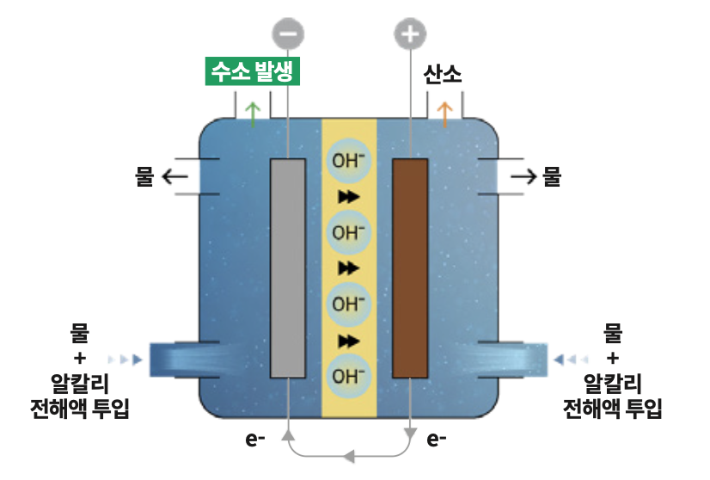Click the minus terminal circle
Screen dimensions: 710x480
pos(288,34)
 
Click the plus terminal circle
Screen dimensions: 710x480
pos(410,34)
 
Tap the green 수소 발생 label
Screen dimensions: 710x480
pos(253,71)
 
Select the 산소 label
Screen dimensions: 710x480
pos(443,74)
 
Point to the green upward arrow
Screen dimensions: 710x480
pos(253,114)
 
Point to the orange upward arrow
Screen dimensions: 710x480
pos(444,114)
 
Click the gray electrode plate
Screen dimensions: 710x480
pos(288,268)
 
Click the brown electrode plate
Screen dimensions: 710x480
pos(410,268)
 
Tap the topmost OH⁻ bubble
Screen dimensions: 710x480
pos(349,161)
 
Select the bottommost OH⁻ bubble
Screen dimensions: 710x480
pos(349,376)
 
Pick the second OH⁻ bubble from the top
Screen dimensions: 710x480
pos(349,232)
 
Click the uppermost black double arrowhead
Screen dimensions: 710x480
pos(349,197)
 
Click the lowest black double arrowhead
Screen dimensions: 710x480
pos(349,341)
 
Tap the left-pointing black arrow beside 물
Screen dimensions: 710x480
pos(174,176)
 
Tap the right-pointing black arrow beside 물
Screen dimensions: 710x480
pos(523,176)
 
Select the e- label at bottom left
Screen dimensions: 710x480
pos(255,439)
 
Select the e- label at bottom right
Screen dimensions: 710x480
pos(437,439)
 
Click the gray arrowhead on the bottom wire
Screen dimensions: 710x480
pos(349,456)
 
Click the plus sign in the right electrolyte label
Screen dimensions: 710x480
pos(613,358)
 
